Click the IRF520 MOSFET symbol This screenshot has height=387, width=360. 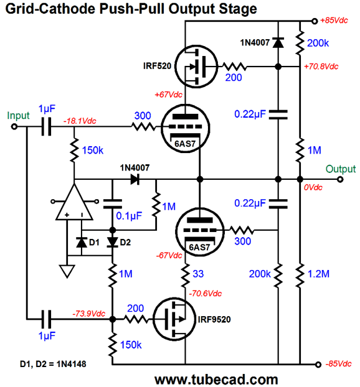click(196, 67)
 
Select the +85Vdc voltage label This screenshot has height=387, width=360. click(334, 21)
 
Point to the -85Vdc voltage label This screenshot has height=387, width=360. click(338, 363)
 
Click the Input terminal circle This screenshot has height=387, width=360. click(14, 126)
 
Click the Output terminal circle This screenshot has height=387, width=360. click(340, 179)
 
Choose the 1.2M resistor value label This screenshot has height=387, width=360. click(318, 274)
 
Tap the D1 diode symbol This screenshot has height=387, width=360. click(82, 243)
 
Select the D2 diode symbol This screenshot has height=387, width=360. click(113, 243)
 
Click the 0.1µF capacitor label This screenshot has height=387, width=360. click(129, 216)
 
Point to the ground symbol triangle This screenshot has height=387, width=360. click(67, 271)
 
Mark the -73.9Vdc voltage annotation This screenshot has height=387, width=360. click(88, 314)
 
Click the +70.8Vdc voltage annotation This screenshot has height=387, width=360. click(321, 67)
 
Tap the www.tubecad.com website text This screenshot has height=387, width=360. click(216, 380)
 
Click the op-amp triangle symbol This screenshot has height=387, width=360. click(74, 202)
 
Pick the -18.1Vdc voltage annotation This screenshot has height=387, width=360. click(80, 121)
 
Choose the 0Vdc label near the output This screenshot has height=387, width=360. click(313, 187)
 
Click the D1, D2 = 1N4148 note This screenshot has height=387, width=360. click(53, 364)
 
